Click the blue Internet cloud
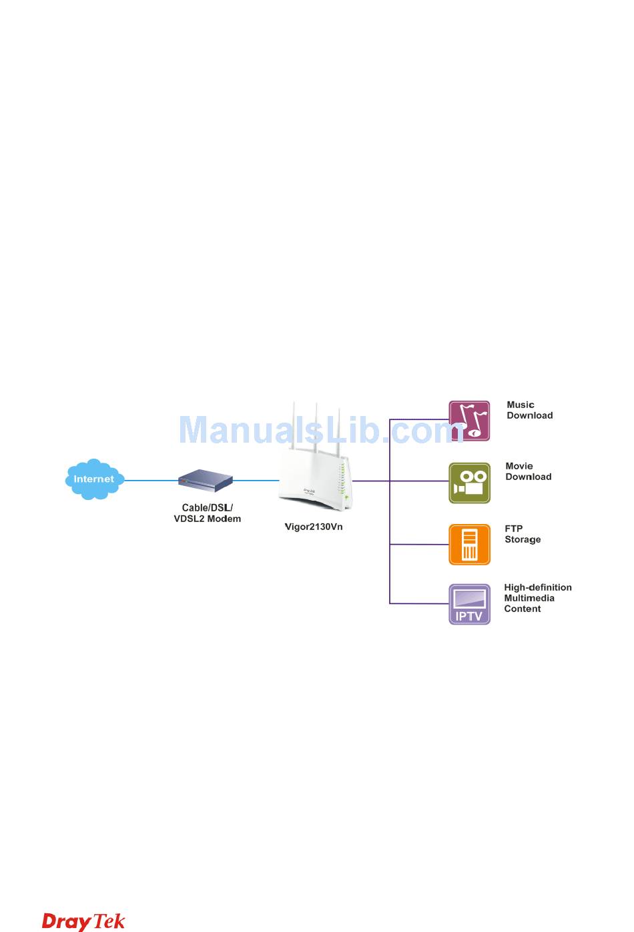(94, 479)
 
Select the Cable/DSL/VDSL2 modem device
(206, 481)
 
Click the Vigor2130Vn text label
(314, 527)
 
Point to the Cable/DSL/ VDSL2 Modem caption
(207, 513)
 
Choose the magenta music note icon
(469, 421)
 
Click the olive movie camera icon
(469, 483)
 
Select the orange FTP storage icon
(469, 545)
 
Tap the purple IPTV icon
(469, 604)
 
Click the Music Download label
(529, 410)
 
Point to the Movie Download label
(528, 471)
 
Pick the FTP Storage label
(523, 534)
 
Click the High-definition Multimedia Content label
(537, 598)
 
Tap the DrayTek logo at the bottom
(83, 921)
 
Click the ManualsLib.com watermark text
(320, 430)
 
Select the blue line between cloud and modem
(151, 480)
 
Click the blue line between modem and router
(256, 480)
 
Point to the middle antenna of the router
(317, 427)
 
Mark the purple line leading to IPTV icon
(419, 603)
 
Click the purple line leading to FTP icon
(419, 545)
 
